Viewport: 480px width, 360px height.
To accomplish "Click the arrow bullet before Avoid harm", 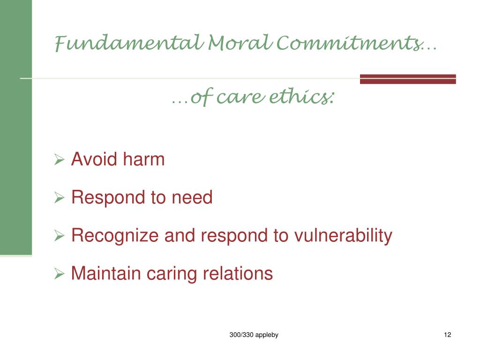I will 59,160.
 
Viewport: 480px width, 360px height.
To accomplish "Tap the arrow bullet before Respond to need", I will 59,198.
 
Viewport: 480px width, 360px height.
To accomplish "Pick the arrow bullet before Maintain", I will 59,274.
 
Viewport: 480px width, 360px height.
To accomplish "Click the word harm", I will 144,160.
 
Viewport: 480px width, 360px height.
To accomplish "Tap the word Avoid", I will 94,160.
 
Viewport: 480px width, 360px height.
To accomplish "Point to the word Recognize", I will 115,236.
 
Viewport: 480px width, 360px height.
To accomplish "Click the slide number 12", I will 447,335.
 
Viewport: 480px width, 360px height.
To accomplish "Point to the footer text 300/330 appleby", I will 254,335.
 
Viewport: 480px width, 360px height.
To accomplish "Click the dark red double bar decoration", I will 408,79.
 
